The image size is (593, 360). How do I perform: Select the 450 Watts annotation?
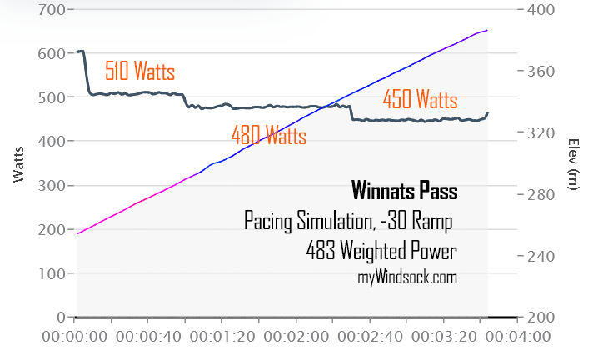pyautogui.click(x=420, y=101)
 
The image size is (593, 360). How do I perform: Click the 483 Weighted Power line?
pyautogui.click(x=381, y=251)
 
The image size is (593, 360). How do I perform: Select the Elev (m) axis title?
pyautogui.click(x=572, y=164)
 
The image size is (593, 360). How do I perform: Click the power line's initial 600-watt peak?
pyautogui.click(x=81, y=52)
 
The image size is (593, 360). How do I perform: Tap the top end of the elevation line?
pyautogui.click(x=487, y=30)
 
